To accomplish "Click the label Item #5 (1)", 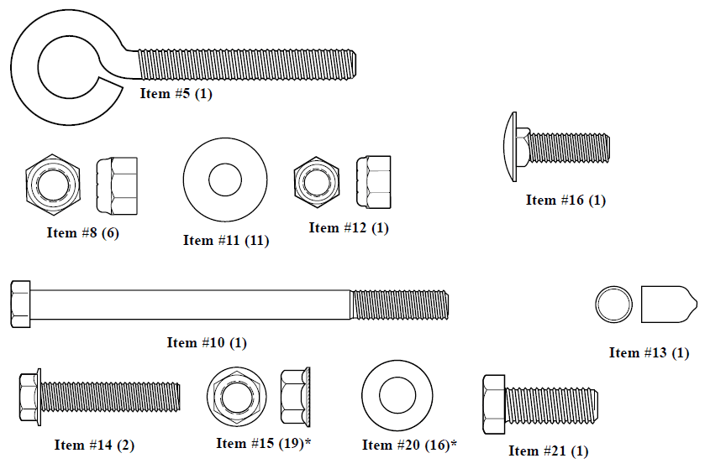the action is [x=176, y=94].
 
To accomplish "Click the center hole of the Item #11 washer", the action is [x=225, y=180].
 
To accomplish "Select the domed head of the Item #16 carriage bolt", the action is [x=510, y=147].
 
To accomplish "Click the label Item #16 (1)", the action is [x=565, y=200].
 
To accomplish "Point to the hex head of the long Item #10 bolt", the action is [x=20, y=304].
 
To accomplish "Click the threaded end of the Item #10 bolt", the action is [x=399, y=305].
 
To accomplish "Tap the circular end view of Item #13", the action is [x=613, y=305].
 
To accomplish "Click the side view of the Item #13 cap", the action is [x=669, y=305].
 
